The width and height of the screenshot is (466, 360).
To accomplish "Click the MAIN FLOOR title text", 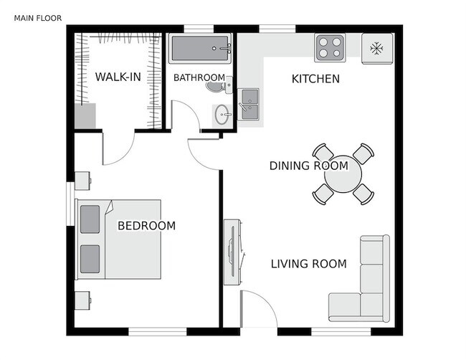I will click(37, 17).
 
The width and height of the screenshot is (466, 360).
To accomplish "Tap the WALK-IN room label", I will click(118, 77).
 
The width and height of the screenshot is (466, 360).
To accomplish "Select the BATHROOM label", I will click(199, 78).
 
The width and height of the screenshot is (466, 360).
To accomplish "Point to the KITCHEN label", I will click(315, 79).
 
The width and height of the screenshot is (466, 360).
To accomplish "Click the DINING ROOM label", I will click(308, 166).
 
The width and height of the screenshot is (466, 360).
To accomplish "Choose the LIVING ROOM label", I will click(308, 264).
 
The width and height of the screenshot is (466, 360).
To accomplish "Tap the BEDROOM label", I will click(146, 226).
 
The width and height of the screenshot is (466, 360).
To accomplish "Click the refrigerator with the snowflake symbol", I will click(376, 49).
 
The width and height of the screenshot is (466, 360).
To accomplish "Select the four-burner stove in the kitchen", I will click(330, 47).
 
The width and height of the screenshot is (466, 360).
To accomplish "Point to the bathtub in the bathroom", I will click(200, 49).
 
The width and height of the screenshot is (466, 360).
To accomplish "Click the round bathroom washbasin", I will click(223, 114).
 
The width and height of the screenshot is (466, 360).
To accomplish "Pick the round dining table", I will click(343, 173).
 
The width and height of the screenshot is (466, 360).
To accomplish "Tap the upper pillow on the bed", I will click(90, 219).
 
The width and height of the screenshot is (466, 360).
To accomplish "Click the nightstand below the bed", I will click(81, 300).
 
